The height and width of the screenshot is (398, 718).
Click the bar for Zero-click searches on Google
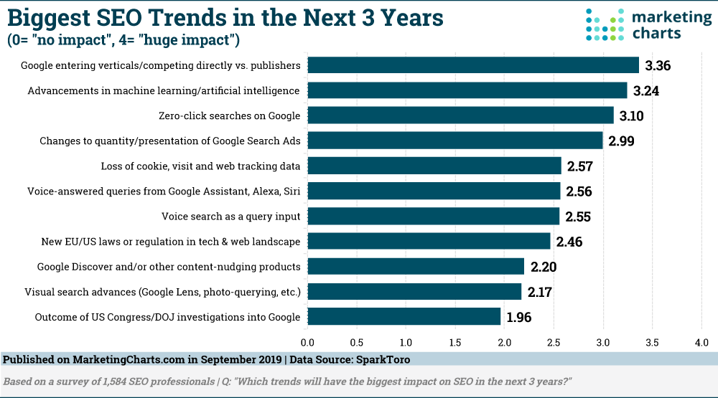(x=461, y=115)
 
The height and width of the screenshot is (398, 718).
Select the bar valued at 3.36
(x=473, y=65)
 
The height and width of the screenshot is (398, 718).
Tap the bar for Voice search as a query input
(x=434, y=216)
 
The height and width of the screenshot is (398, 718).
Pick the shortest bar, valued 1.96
(x=404, y=316)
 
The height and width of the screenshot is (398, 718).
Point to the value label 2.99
(x=623, y=141)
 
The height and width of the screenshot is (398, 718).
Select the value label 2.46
(x=569, y=242)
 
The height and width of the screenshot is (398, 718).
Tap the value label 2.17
(x=541, y=292)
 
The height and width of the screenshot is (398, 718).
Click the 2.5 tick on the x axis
(x=554, y=343)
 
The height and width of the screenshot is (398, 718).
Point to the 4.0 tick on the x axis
(x=701, y=343)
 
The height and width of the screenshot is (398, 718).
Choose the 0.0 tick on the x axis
(x=308, y=343)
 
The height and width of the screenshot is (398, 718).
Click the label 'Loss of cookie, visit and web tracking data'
(x=200, y=166)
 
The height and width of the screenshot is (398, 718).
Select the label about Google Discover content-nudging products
(x=169, y=267)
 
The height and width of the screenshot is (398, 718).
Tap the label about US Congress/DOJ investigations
(x=167, y=317)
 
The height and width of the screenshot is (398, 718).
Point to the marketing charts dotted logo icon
(x=606, y=25)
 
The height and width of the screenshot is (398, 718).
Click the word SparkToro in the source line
(x=384, y=359)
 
